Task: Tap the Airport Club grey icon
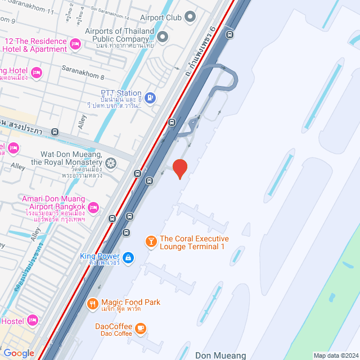pos(190,17)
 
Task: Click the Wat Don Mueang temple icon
pos(111,163)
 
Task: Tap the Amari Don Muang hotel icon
pos(94,208)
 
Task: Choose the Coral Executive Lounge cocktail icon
pos(151,242)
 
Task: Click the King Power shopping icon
pos(128,258)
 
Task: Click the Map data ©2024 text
pos(335,355)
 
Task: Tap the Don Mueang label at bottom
pos(220,355)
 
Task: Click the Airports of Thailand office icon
pos(163,37)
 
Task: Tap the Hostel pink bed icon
pos(33,320)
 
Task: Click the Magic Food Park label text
pos(129,302)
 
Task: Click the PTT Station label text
pos(121,93)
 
